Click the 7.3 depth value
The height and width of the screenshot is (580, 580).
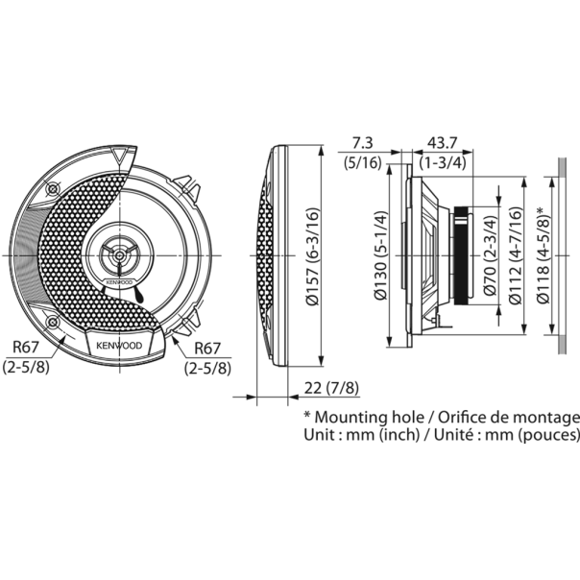pos(363,142)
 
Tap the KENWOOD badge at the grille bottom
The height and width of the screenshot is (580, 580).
pos(116,344)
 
